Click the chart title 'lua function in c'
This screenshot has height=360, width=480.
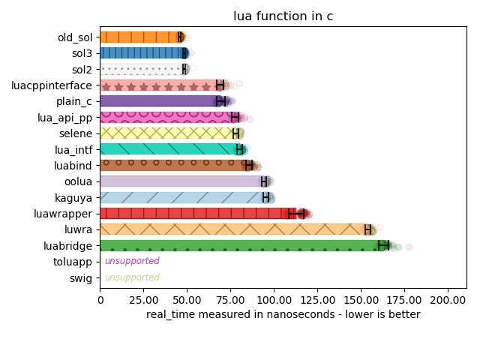pos(283,17)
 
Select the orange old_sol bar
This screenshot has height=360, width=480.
pos(141,37)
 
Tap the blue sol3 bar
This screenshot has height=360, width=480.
pos(142,52)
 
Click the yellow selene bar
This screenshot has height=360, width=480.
pos(168,133)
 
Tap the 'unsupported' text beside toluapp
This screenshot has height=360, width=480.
pos(132,261)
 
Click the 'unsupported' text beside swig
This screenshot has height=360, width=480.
pos(132,277)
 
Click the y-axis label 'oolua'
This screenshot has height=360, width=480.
pos(78,181)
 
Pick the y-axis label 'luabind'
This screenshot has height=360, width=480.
pos(73,165)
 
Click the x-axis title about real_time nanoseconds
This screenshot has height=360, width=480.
pos(283,314)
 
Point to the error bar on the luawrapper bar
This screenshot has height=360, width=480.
pos(297,213)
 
